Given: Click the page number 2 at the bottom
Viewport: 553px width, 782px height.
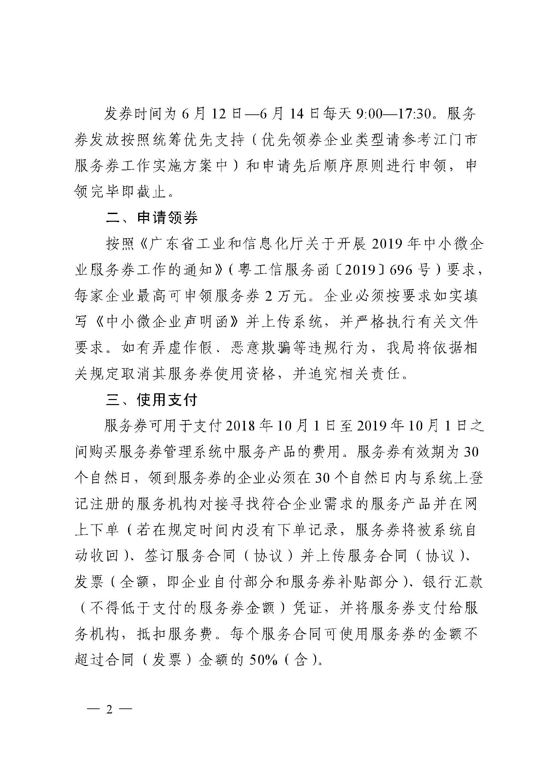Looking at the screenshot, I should (x=109, y=709).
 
